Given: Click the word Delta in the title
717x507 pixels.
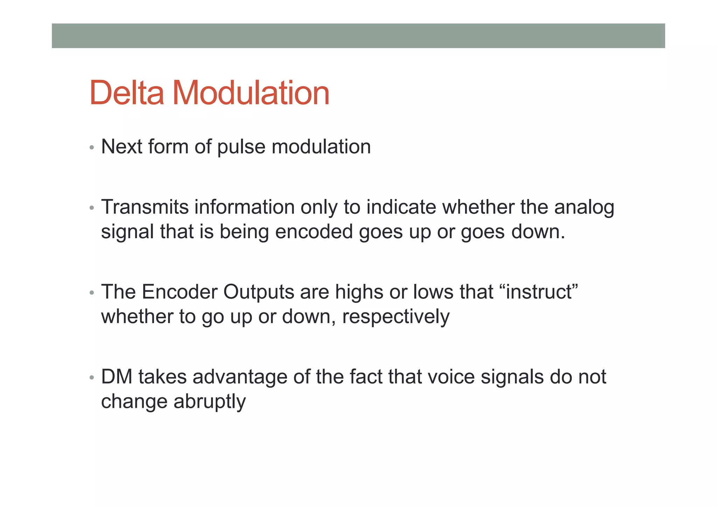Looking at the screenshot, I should tap(127, 93).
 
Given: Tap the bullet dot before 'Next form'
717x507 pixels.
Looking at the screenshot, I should tap(92, 148).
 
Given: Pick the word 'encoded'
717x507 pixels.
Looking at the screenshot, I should tap(314, 232).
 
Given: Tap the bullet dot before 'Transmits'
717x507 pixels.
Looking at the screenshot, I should tap(92, 208).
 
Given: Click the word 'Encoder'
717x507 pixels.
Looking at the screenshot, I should tap(179, 292).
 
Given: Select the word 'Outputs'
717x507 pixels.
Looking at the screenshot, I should tap(259, 292).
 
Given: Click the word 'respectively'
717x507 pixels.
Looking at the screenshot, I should tap(396, 317).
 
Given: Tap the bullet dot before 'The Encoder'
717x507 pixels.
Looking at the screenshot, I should tap(92, 293).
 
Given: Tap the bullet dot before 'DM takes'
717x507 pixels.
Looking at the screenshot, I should tap(92, 378).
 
